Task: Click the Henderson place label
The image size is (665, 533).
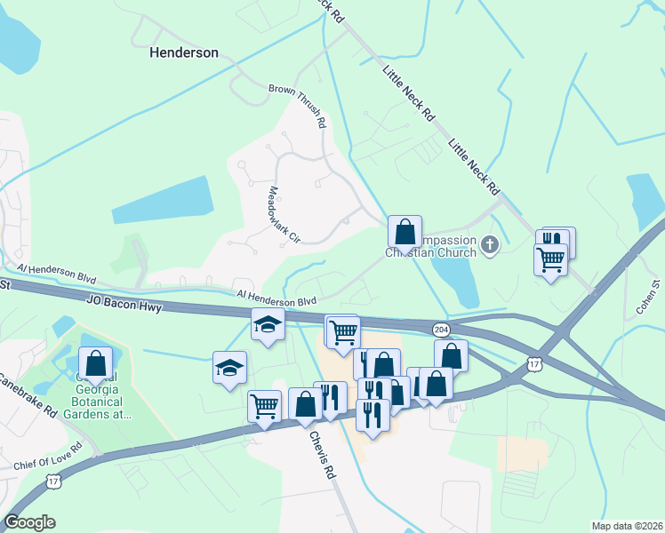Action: coord(184,52)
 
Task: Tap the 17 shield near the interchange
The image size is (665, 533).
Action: coord(533,363)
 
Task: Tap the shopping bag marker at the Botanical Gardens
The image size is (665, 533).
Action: coord(96,364)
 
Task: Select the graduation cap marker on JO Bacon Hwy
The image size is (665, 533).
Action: coord(268,325)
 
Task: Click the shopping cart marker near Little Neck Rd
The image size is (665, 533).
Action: coord(551,260)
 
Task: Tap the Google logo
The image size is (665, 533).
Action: coord(29,522)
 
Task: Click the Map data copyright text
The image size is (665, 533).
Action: coord(626,526)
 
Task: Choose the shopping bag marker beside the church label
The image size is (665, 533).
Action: coord(405,233)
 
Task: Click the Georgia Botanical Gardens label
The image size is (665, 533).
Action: coord(105,400)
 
